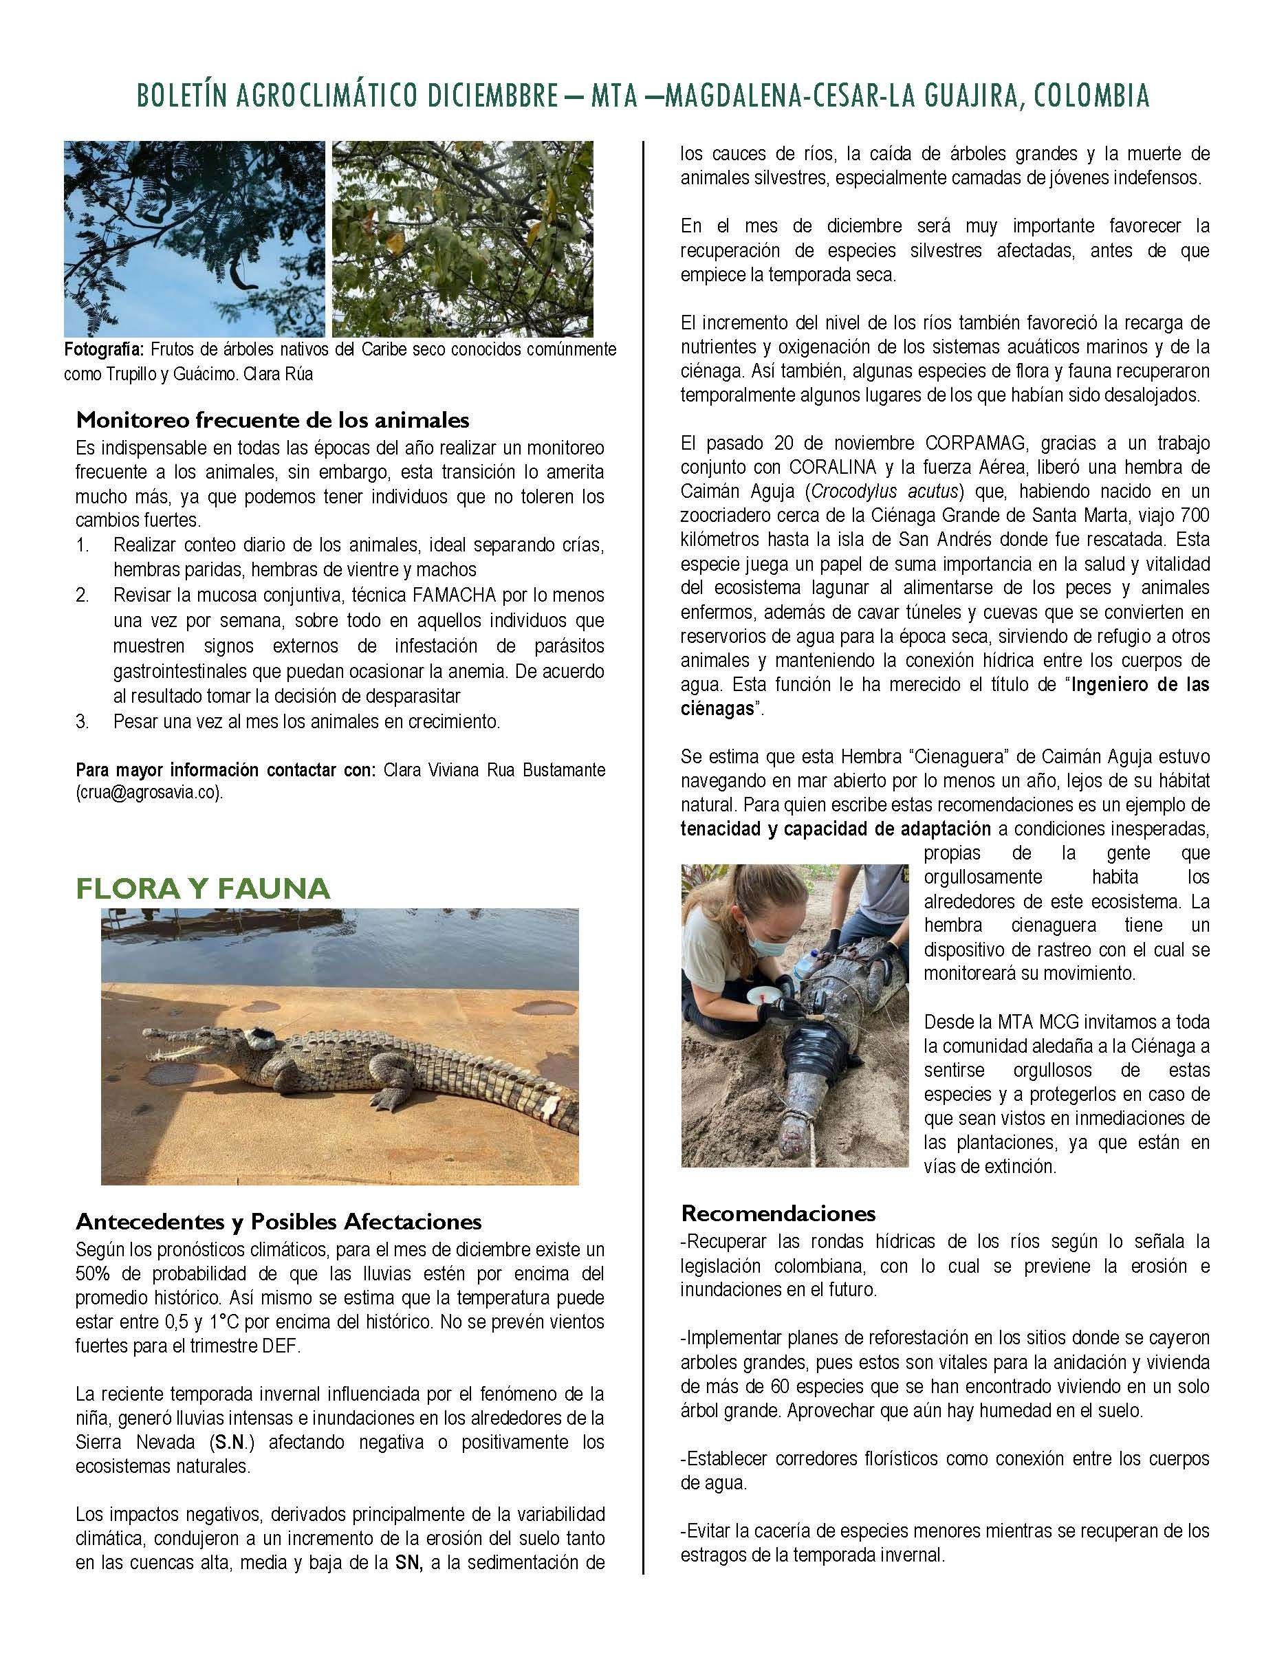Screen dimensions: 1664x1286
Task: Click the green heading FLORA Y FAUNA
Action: [x=203, y=888]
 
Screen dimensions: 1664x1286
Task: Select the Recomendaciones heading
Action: [x=778, y=1212]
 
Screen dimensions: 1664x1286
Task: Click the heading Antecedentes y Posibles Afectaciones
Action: [x=278, y=1221]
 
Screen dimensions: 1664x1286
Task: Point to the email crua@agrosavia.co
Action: [x=149, y=792]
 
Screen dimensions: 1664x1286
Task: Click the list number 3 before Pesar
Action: [x=83, y=721]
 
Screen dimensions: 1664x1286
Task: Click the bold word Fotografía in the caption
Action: [x=103, y=350]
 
